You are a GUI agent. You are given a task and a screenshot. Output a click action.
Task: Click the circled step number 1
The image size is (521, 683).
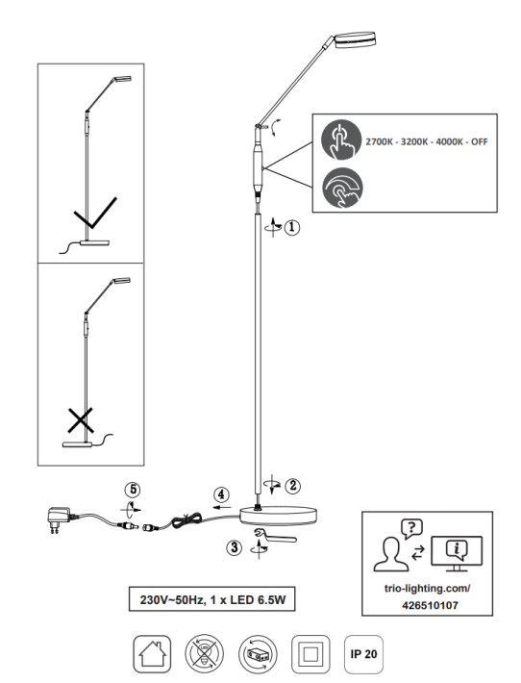click(x=291, y=227)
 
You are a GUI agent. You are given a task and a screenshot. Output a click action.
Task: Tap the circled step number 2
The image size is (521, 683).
click(x=292, y=485)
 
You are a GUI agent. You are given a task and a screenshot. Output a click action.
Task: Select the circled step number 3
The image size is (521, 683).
click(x=235, y=547)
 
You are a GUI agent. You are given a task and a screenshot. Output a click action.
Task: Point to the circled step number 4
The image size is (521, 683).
click(x=221, y=494)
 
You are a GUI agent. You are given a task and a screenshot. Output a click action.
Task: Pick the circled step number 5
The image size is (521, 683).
click(x=133, y=490)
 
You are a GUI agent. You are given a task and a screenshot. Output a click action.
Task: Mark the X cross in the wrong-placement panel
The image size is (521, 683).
click(x=81, y=420)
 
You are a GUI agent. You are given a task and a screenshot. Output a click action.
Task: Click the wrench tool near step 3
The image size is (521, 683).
click(x=275, y=535)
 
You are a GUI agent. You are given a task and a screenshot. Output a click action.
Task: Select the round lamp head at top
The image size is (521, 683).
click(x=355, y=39)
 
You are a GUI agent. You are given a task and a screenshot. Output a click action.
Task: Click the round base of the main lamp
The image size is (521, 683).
click(x=279, y=515)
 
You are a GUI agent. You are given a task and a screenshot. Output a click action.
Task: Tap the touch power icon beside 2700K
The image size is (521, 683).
click(x=341, y=139)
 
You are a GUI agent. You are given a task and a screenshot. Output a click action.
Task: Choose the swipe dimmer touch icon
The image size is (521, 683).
click(x=342, y=189)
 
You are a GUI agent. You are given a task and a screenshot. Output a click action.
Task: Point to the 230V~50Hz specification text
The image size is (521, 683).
click(x=172, y=600)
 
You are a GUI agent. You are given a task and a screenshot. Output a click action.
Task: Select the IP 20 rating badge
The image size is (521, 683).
click(x=363, y=654)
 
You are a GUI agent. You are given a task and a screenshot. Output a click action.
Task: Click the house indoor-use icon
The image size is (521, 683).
click(x=152, y=654)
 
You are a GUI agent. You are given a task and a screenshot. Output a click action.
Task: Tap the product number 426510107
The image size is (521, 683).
click(x=430, y=605)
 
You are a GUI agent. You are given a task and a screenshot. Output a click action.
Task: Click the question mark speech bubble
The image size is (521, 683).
click(x=411, y=529)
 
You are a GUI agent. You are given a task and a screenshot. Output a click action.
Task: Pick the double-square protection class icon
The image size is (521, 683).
click(x=310, y=654)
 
